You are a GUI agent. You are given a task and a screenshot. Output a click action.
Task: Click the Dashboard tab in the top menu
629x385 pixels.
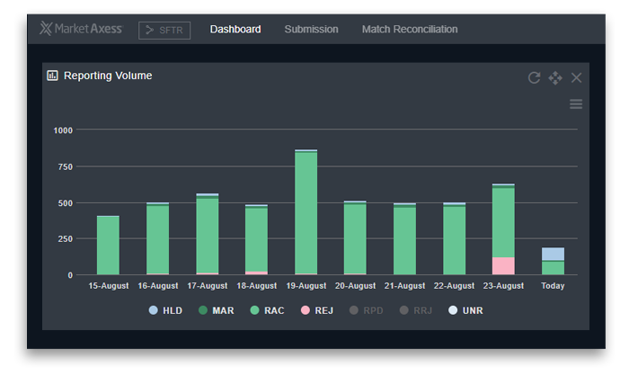[235, 30]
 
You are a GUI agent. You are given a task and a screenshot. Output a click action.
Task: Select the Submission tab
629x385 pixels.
[311, 30]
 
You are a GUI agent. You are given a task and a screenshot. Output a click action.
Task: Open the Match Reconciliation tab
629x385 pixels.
[409, 30]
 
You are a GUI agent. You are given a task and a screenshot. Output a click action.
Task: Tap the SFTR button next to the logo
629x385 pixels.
[164, 31]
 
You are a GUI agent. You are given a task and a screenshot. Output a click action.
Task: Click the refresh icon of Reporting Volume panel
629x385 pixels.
[534, 78]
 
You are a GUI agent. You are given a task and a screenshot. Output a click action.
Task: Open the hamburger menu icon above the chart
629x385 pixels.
[576, 104]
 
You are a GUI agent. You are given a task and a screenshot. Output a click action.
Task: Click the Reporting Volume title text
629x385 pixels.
[108, 76]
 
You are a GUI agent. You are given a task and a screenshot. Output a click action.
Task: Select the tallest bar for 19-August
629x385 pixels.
[306, 212]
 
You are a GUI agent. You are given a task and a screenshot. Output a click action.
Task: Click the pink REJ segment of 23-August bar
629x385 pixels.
[503, 265]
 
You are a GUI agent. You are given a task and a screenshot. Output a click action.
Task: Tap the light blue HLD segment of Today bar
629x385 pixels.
[553, 254]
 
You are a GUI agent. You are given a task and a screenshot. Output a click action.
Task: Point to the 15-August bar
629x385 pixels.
[109, 245]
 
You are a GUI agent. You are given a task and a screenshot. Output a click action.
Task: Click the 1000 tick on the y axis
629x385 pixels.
[63, 130]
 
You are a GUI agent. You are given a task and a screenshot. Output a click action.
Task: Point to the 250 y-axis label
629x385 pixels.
[66, 238]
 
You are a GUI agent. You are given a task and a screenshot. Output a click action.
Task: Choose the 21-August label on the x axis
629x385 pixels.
[404, 286]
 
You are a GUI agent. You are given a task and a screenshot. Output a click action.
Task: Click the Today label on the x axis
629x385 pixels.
[553, 286]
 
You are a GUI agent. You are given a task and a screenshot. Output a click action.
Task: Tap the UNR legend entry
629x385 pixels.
[465, 310]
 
